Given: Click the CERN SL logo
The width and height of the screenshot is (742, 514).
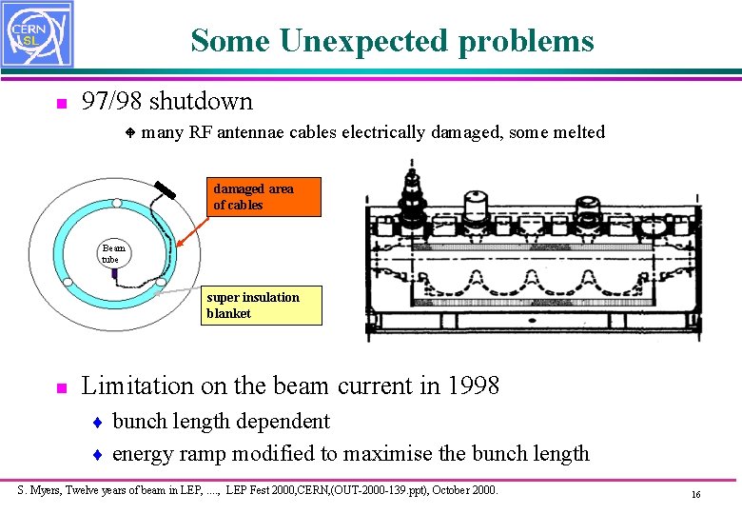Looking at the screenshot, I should (36, 34).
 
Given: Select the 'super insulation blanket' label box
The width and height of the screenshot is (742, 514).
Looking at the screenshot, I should (262, 306).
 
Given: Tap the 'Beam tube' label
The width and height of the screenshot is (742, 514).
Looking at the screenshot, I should (113, 253).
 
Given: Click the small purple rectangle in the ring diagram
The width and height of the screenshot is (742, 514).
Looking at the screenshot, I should (113, 274).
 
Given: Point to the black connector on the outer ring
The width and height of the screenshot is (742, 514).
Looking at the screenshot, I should (166, 189).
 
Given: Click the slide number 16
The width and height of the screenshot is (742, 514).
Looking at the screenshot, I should (695, 495).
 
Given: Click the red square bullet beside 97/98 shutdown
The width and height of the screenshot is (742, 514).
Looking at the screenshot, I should (59, 103).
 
